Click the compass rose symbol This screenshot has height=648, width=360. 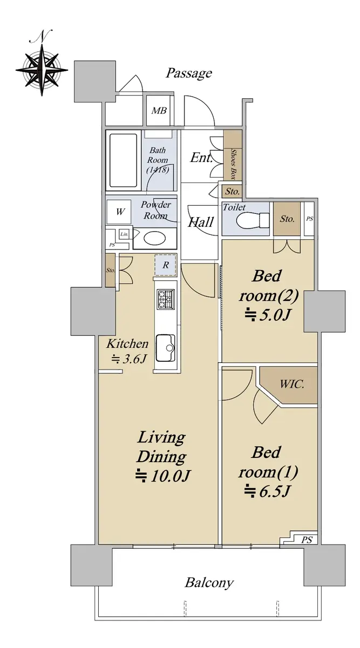tap(42, 70)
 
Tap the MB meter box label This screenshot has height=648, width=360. tap(159, 111)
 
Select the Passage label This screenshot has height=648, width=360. tap(189, 73)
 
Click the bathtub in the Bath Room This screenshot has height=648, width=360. tap(124, 160)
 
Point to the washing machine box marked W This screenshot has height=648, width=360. tap(119, 211)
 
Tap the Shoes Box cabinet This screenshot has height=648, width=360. tap(233, 155)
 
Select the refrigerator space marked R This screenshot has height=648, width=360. tap(165, 265)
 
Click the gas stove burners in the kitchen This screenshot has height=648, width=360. tap(166, 299)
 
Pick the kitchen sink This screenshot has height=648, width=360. tap(166, 348)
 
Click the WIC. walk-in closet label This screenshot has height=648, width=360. tap(292, 384)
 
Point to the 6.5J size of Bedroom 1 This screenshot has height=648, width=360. tap(267, 491)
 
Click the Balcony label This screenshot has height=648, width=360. tap(209, 583)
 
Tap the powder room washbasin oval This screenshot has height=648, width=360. tap(155, 239)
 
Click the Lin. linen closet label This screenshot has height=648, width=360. tap(124, 234)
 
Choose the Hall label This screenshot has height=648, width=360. tap(201, 222)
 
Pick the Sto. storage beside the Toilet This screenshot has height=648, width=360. tap(287, 219)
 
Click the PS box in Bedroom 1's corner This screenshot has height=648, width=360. tap(307, 539)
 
